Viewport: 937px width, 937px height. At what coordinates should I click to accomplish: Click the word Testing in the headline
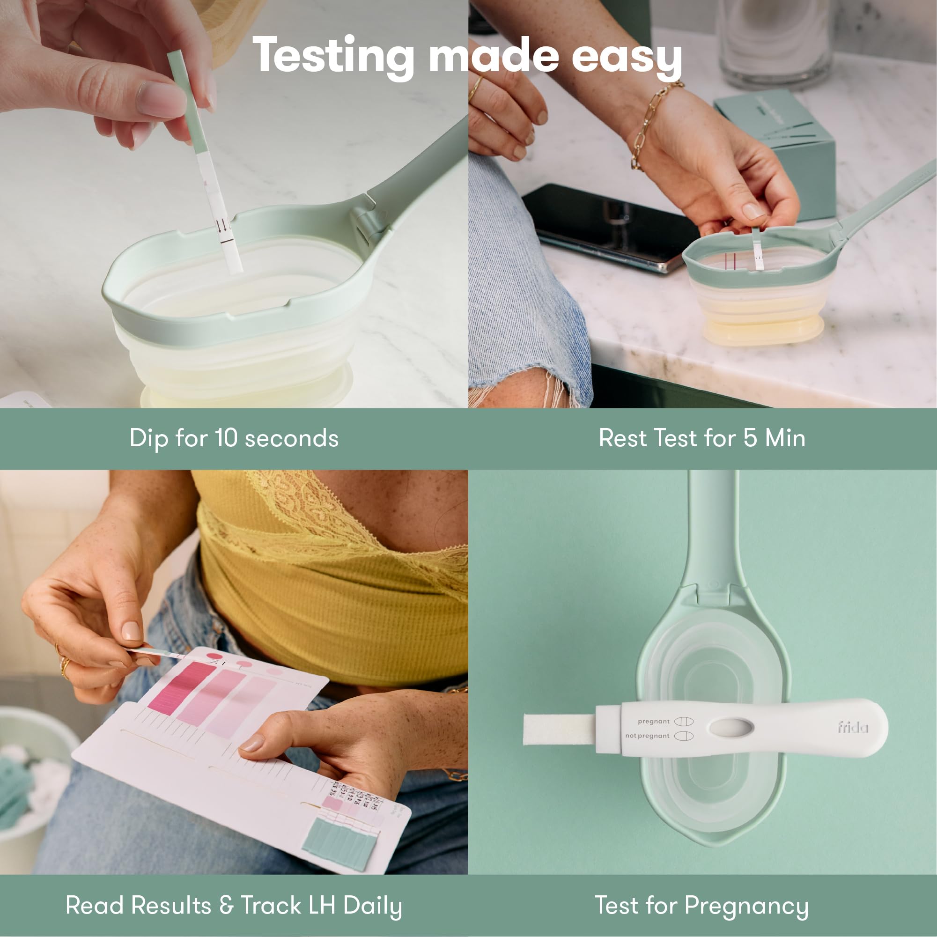[332, 57]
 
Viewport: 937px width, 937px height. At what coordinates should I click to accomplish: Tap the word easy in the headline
[626, 57]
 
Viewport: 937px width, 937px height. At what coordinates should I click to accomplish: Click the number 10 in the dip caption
[226, 438]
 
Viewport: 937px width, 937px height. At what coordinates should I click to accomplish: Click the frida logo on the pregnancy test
[853, 727]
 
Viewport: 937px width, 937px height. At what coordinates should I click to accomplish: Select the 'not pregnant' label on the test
[647, 736]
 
